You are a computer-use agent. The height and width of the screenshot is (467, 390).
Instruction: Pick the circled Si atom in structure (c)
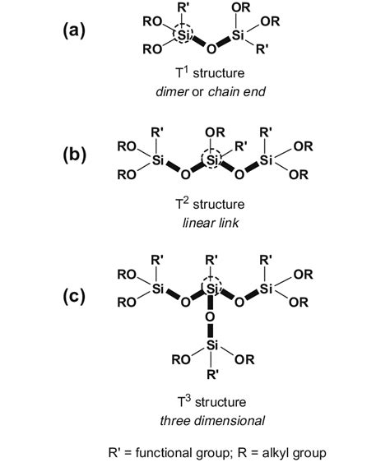(x=212, y=289)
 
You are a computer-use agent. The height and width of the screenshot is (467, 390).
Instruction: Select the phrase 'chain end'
(x=236, y=93)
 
